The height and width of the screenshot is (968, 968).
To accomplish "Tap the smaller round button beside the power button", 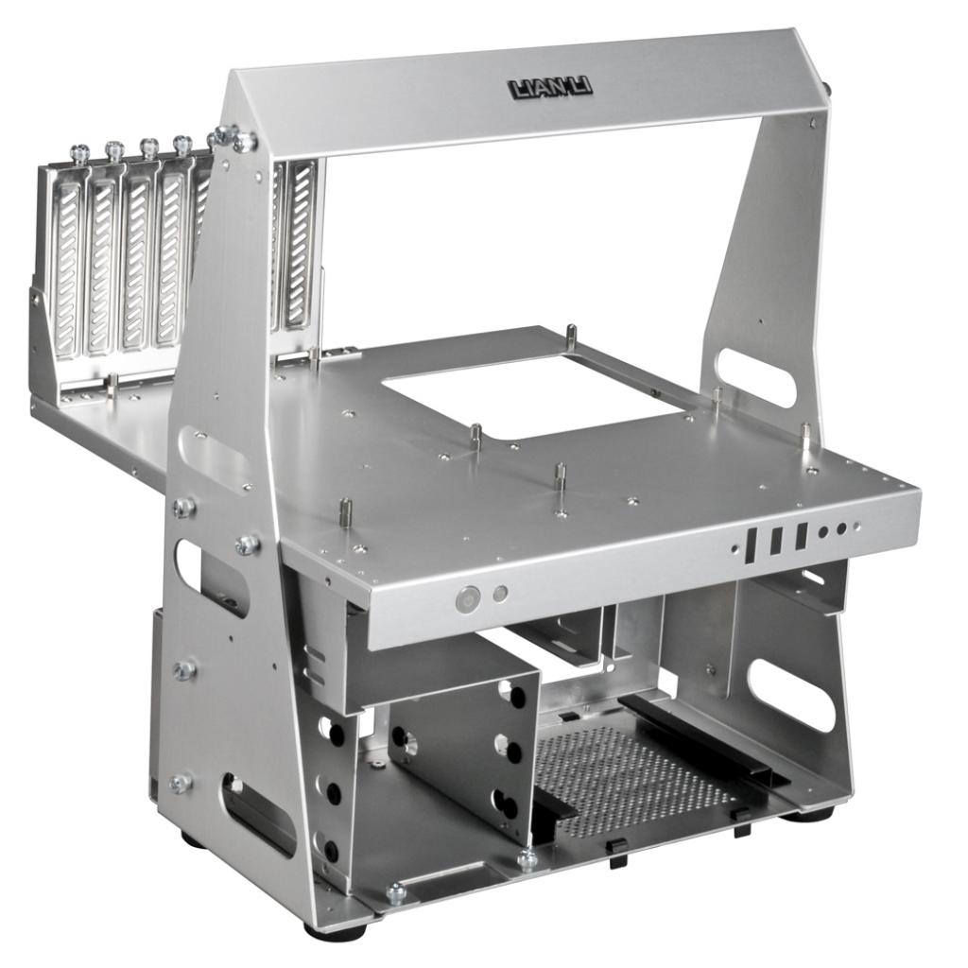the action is [501, 594].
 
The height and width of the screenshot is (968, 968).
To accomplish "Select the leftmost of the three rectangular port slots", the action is [752, 545].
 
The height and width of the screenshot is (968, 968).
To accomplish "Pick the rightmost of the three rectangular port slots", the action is [801, 536].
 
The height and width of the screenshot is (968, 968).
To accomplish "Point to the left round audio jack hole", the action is [823, 533].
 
